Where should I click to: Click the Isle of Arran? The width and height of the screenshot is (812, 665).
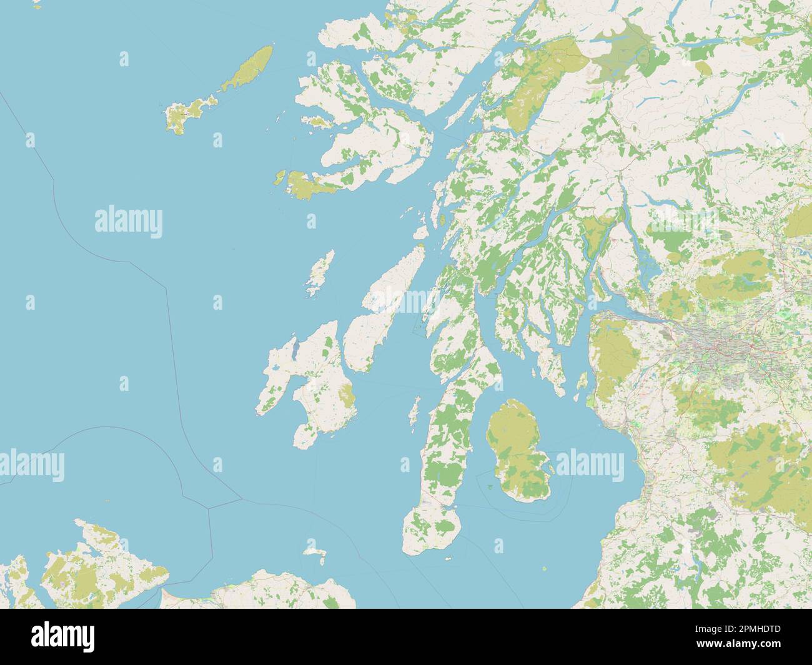click(x=515, y=450)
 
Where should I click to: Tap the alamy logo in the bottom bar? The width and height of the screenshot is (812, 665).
click(x=62, y=637)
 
